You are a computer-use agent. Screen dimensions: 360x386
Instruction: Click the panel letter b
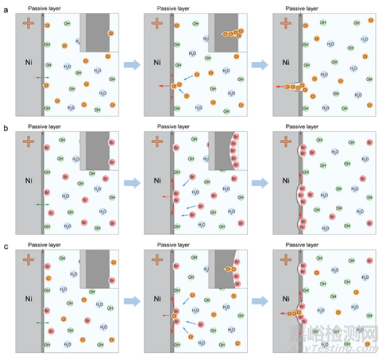point(5,128)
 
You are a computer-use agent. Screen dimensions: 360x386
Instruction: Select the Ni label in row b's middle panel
point(157,181)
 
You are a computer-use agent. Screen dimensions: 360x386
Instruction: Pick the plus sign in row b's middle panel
point(157,142)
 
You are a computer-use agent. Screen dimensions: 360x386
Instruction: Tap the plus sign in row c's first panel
point(29,260)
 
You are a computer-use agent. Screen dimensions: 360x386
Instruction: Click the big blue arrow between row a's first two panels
point(132,64)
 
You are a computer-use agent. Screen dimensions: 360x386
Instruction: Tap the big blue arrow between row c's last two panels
point(261,301)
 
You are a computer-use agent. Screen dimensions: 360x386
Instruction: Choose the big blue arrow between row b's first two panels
point(132,182)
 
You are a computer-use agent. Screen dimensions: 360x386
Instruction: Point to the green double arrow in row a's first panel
point(42,77)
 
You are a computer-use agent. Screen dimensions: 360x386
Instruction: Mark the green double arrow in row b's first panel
point(42,204)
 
